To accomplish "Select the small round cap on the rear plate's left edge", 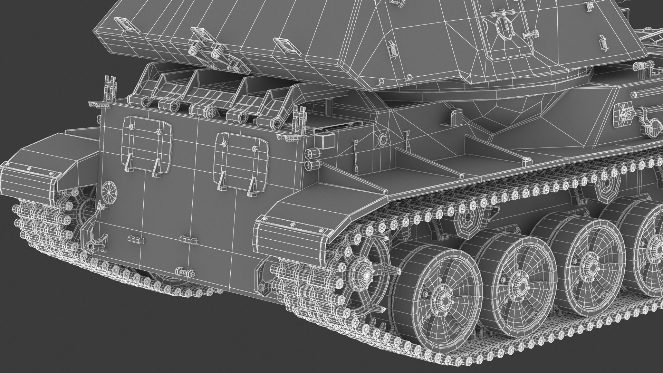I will tap(110, 189).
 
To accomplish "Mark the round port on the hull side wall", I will tap(383, 140).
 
